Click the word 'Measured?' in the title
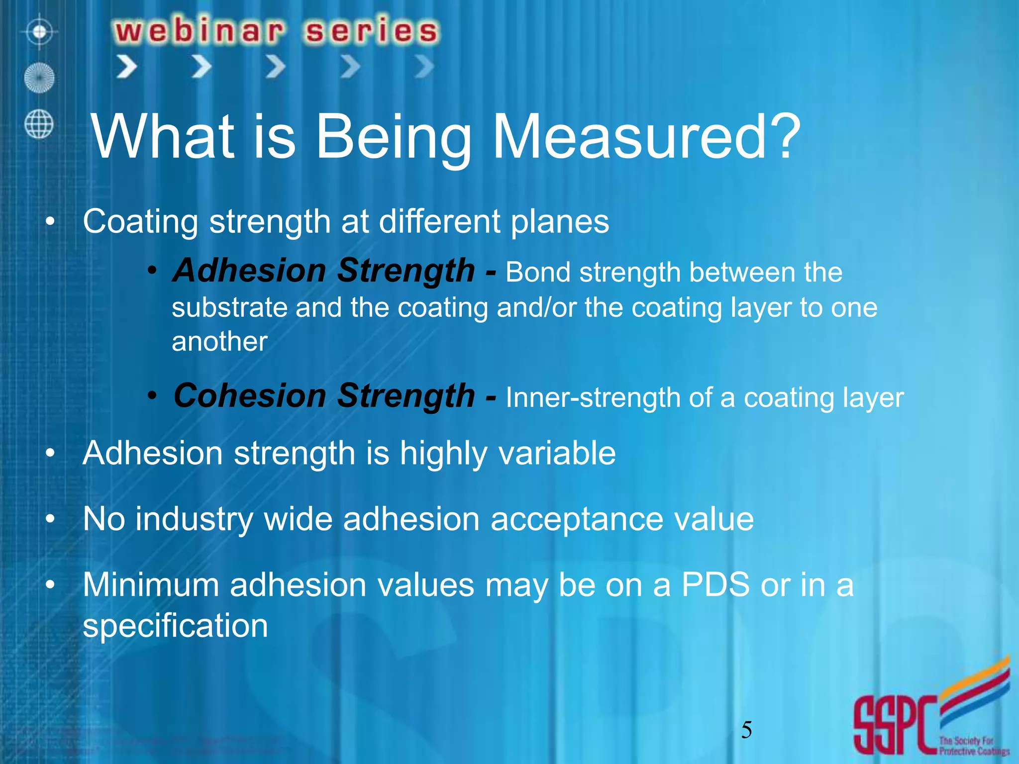pyautogui.click(x=646, y=136)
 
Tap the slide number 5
pyautogui.click(x=746, y=730)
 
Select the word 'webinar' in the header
pyautogui.click(x=200, y=31)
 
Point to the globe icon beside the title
pyautogui.click(x=39, y=124)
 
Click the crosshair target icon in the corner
pyautogui.click(x=40, y=32)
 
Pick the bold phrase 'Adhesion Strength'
pyautogui.click(x=323, y=271)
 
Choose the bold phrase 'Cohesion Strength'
pyautogui.click(x=324, y=396)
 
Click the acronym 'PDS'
pyautogui.click(x=715, y=584)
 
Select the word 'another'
pyautogui.click(x=219, y=342)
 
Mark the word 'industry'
pyautogui.click(x=194, y=519)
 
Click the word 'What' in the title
pyautogui.click(x=162, y=136)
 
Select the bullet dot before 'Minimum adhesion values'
pyautogui.click(x=49, y=585)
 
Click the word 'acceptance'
pyautogui.click(x=577, y=519)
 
